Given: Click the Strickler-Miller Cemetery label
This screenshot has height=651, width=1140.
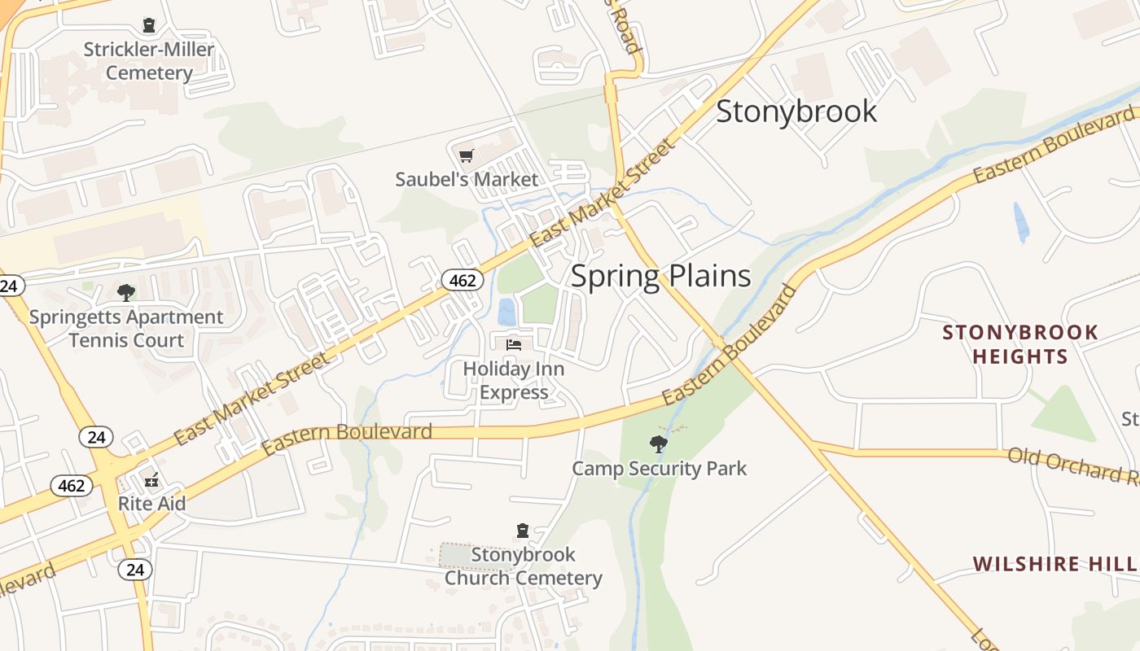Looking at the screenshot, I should click(x=149, y=61).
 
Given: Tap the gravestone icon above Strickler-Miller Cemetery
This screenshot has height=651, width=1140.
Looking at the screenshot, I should click(x=149, y=26).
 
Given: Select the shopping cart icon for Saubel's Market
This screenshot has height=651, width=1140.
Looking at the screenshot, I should click(x=466, y=155).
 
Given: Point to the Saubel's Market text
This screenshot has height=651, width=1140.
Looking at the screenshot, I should click(x=467, y=179).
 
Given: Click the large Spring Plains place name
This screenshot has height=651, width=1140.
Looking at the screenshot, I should click(x=660, y=276).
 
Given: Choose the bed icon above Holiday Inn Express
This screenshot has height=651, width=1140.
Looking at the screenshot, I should click(x=514, y=345).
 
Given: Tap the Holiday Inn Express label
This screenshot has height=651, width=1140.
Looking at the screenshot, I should click(x=514, y=380).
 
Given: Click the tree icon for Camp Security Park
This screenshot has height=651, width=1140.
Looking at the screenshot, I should click(x=659, y=444).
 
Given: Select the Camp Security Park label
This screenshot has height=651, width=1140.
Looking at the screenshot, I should click(x=659, y=469).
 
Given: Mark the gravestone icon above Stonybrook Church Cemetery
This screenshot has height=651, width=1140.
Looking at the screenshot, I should click(x=523, y=531).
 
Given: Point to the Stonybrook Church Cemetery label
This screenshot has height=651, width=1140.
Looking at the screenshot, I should click(x=523, y=566).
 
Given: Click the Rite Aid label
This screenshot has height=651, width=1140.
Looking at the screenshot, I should click(x=151, y=503).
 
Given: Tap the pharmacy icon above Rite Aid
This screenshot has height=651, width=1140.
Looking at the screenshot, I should click(x=151, y=478).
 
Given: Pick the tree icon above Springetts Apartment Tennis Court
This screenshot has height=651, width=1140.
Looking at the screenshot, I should click(x=125, y=292).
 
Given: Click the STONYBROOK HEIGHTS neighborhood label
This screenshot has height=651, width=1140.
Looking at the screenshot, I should click(x=1020, y=344).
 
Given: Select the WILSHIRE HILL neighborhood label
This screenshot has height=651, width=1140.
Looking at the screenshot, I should click(x=1054, y=564).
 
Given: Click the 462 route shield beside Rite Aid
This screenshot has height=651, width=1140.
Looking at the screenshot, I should click(x=72, y=486).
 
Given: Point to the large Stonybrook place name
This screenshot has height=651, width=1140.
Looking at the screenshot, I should click(x=796, y=111).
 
